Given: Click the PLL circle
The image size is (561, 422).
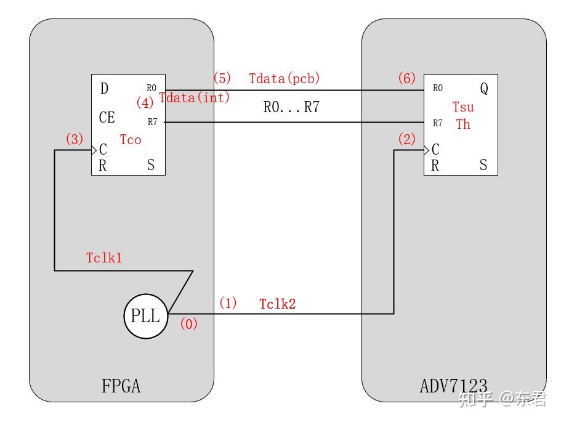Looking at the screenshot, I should pyautogui.click(x=145, y=317).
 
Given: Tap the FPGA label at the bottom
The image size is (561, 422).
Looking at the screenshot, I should pyautogui.click(x=121, y=386).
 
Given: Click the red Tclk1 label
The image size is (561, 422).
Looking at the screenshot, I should pyautogui.click(x=104, y=258).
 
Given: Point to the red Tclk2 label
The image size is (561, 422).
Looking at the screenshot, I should pyautogui.click(x=277, y=304).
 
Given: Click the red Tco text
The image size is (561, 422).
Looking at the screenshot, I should pyautogui.click(x=131, y=140).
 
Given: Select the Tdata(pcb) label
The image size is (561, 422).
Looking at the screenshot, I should pyautogui.click(x=285, y=79).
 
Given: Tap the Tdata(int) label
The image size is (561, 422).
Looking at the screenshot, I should pyautogui.click(x=195, y=97).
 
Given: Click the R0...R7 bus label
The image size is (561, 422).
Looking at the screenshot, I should pyautogui.click(x=291, y=107).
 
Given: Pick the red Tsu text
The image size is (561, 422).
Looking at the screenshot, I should pyautogui.click(x=463, y=107).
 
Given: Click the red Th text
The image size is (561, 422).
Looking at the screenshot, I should pyautogui.click(x=463, y=124).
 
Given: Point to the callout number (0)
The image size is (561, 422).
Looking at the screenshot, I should pyautogui.click(x=188, y=324).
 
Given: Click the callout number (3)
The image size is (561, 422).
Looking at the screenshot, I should pyautogui.click(x=74, y=139).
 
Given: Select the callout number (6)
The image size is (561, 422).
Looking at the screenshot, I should pyautogui.click(x=406, y=78).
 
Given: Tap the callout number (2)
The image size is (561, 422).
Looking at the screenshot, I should pyautogui.click(x=407, y=139).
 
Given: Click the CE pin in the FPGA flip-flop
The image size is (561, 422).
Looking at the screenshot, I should pyautogui.click(x=107, y=117).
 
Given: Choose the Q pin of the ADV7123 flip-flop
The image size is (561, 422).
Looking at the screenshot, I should pyautogui.click(x=484, y=89).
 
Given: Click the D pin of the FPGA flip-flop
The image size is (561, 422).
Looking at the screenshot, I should pyautogui.click(x=104, y=89).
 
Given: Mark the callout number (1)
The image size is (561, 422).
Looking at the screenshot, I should pyautogui.click(x=228, y=303).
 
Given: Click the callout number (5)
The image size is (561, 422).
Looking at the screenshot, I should pyautogui.click(x=222, y=78).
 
